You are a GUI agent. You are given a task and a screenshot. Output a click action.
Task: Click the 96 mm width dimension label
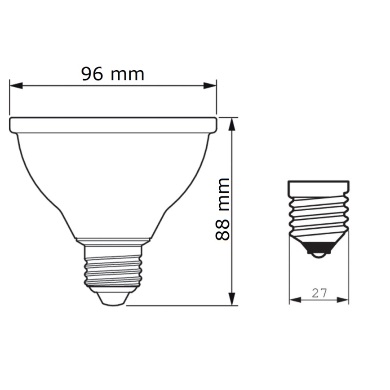click(113, 74)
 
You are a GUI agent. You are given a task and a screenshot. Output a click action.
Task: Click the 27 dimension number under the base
click(319, 293)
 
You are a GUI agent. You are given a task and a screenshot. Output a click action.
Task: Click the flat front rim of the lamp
click(113, 125)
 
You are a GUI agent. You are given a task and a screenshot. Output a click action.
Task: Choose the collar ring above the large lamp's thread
click(113, 242)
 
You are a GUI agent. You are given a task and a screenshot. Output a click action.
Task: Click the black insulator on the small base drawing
click(319, 247)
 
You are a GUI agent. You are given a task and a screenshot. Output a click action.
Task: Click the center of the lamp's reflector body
click(113, 180)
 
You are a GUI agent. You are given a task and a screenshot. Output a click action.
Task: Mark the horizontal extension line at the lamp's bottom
click(180, 306)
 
